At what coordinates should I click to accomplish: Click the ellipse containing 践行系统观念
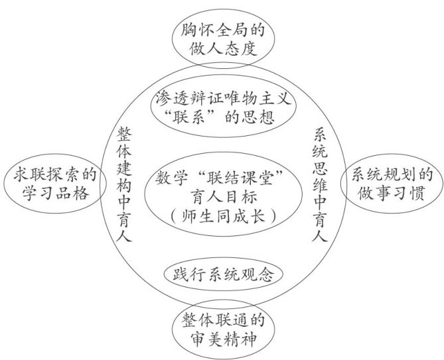tap(219, 273)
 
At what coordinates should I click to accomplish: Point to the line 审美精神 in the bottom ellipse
tap(219, 339)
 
